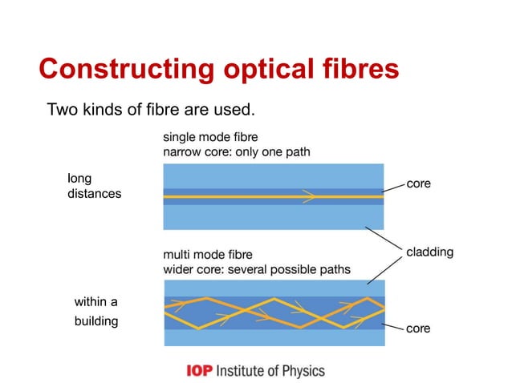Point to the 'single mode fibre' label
pyautogui.click(x=210, y=136)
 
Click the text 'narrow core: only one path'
pyautogui.click(x=236, y=151)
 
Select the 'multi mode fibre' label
pyautogui.click(x=207, y=254)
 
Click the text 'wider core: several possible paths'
pyautogui.click(x=256, y=269)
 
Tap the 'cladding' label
pyautogui.click(x=429, y=252)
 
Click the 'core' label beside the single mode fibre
pyautogui.click(x=418, y=183)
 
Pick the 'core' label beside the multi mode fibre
pyautogui.click(x=418, y=329)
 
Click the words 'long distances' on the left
pyautogui.click(x=93, y=187)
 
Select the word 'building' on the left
pyautogui.click(x=95, y=321)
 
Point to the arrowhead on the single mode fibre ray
pyautogui.click(x=309, y=196)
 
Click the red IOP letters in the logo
pyautogui.click(x=200, y=371)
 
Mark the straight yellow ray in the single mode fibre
pyautogui.click(x=241, y=196)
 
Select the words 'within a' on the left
pyautogui.click(x=95, y=302)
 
